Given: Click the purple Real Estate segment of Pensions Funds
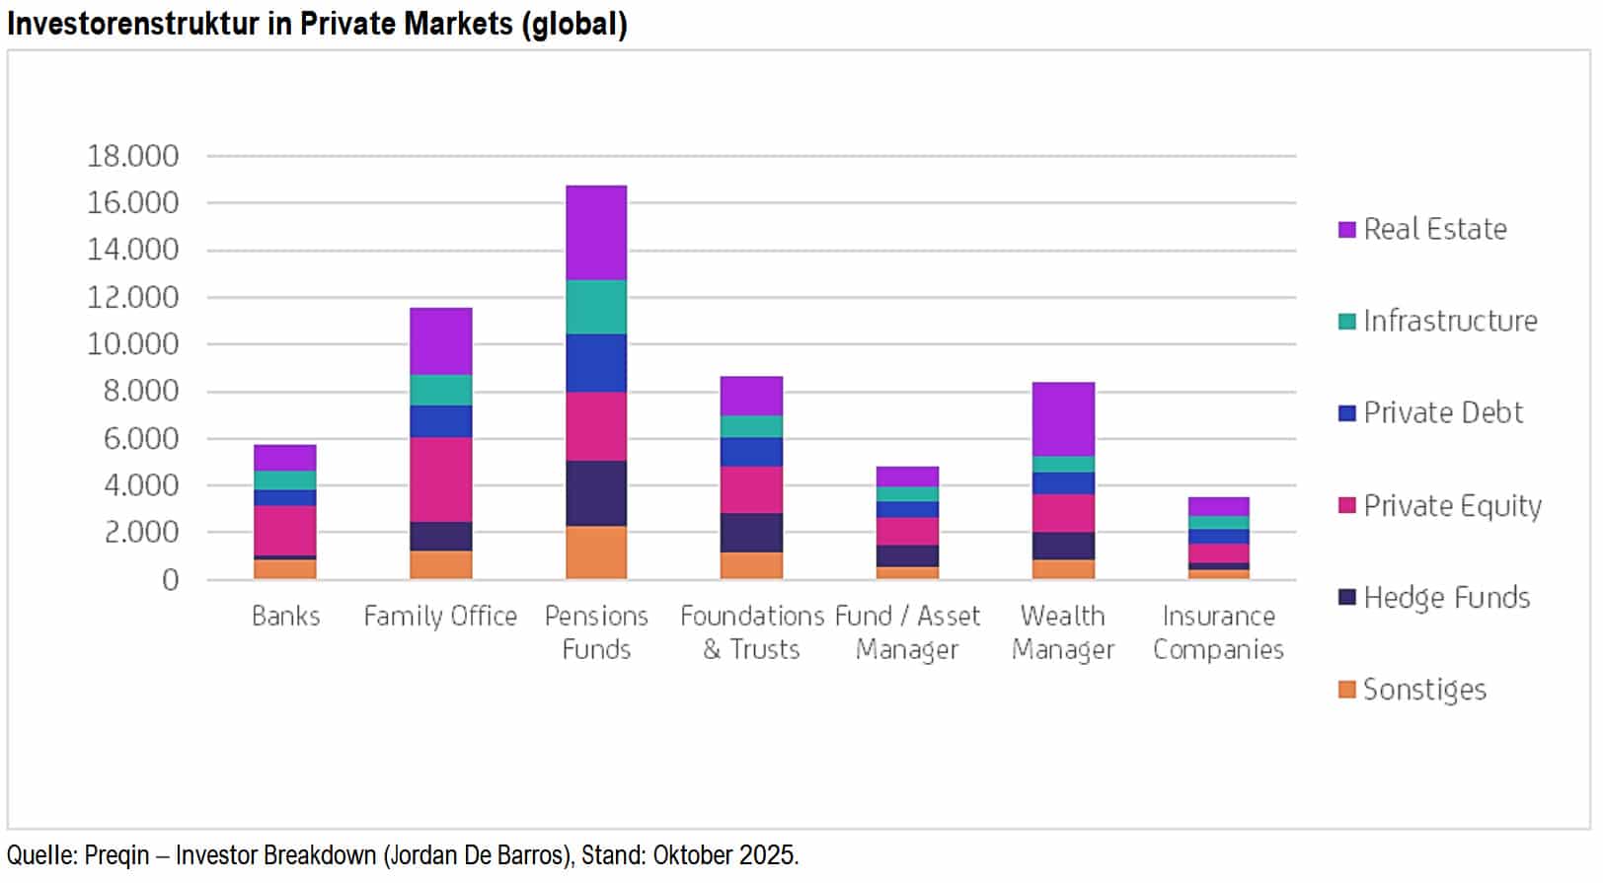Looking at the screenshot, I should point(596,233).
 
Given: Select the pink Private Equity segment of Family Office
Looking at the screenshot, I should point(441,479).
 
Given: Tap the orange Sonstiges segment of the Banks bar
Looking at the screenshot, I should point(285,569).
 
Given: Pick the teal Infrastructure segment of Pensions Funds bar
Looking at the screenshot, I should point(596,308).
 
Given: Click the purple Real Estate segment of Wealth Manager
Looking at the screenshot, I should point(1063,419).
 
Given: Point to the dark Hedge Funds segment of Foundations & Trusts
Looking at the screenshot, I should point(751,533).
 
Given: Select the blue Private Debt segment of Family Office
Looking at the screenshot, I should point(441,421).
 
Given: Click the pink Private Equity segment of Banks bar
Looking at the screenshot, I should point(285,531).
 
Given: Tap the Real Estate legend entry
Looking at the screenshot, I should point(1434,229).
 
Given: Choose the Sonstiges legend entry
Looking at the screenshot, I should point(1423,689).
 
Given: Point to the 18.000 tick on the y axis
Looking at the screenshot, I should point(133,156).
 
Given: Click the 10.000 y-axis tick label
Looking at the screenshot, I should point(133,344).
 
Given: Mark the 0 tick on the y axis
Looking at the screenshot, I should point(171,580).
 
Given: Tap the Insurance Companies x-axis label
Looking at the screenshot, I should point(1218,632).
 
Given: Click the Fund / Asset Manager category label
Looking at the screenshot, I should point(907,632).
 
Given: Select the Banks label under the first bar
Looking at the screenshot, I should point(285,616).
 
